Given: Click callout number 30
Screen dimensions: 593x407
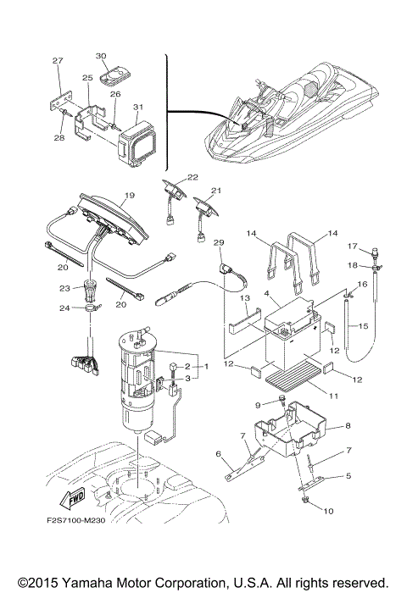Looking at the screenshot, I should tap(102, 55).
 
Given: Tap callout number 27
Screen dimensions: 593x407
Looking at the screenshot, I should tap(58, 61).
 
